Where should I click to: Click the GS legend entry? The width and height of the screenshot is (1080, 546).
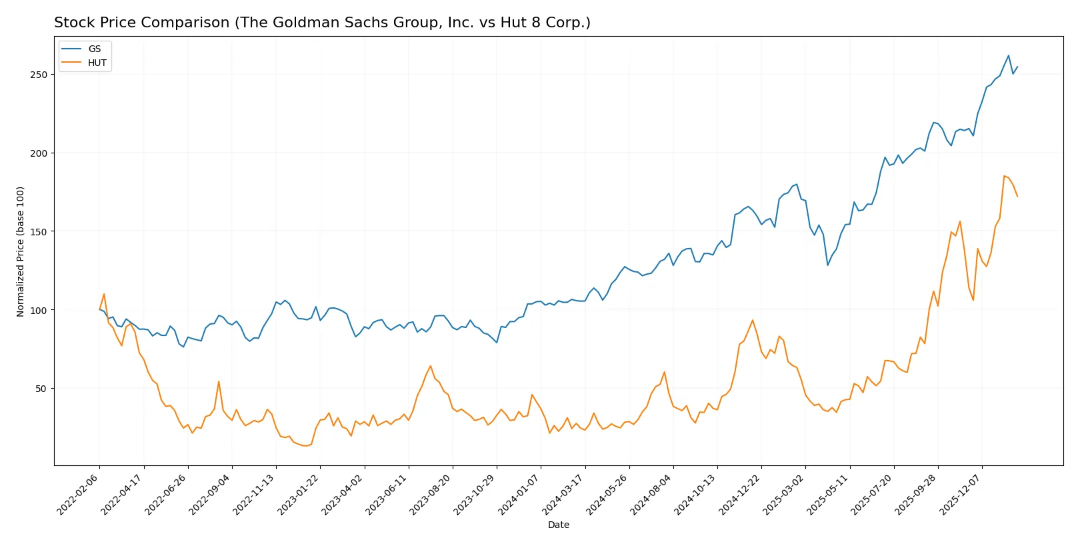point(94,49)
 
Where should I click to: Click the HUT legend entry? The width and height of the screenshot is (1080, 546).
point(97,63)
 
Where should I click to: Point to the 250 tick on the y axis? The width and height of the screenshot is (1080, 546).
point(39,75)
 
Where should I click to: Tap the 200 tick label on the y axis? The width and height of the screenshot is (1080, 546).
point(39,153)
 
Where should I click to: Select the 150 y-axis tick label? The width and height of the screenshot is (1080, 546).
point(39,231)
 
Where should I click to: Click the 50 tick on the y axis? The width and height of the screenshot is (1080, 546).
point(41,389)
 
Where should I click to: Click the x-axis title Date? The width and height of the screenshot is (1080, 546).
point(558,525)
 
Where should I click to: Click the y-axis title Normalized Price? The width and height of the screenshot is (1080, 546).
point(20,251)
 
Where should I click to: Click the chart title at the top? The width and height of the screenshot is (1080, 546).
point(322,23)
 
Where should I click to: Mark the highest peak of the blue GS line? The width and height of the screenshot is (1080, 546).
point(1008,55)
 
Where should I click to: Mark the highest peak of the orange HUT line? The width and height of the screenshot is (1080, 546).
point(1004,176)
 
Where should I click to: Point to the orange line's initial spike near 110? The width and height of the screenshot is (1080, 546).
point(104,294)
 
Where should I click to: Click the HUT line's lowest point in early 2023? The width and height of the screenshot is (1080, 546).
point(306,445)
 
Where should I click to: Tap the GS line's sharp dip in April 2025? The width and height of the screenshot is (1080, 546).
point(828,265)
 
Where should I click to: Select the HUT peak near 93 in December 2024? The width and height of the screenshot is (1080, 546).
point(753,320)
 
